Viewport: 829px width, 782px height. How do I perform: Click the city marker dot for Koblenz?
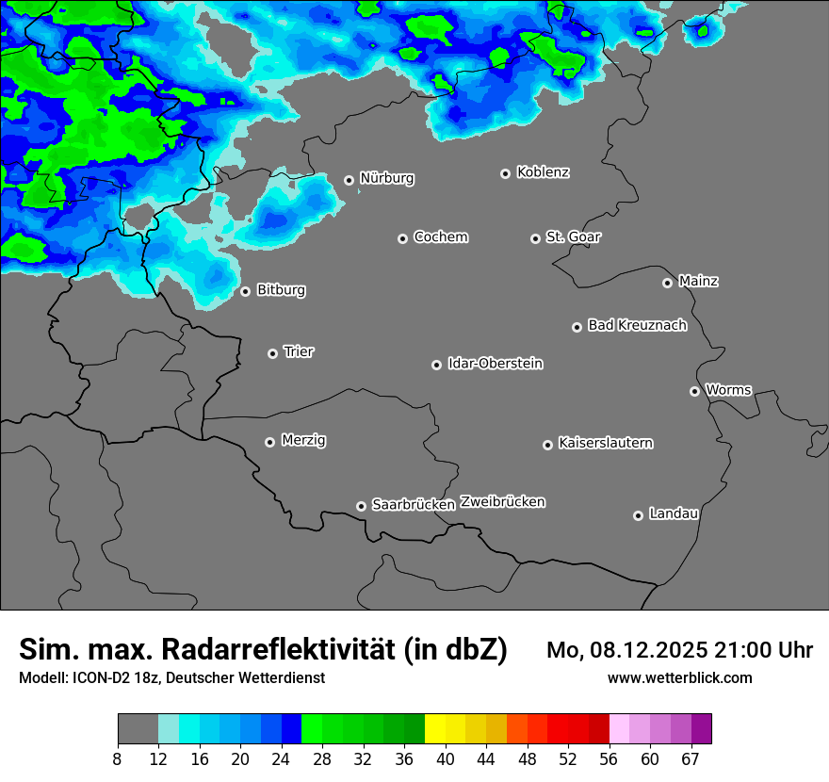(506, 173)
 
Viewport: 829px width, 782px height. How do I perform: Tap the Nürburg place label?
(387, 178)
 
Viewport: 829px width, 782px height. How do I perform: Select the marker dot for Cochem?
(402, 238)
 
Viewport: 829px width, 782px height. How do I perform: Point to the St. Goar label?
(573, 236)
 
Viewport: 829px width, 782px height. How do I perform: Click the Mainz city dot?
(667, 283)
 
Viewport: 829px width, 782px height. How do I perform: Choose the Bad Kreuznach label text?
(637, 325)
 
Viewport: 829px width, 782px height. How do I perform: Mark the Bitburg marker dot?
(245, 291)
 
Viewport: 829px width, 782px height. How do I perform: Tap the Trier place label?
(299, 351)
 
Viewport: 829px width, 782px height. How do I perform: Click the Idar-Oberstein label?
(495, 363)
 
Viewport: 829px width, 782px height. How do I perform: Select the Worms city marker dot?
(694, 391)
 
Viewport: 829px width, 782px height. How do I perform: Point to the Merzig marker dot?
(269, 442)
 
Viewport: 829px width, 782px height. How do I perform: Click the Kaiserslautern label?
(606, 443)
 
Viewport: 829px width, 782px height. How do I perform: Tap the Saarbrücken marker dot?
(361, 506)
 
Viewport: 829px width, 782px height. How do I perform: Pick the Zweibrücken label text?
(502, 502)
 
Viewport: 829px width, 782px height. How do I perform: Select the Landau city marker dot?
(638, 515)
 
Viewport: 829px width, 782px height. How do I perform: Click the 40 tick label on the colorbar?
(446, 759)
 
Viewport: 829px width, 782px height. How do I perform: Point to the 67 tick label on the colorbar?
(691, 759)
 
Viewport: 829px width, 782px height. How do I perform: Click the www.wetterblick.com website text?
(679, 677)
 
